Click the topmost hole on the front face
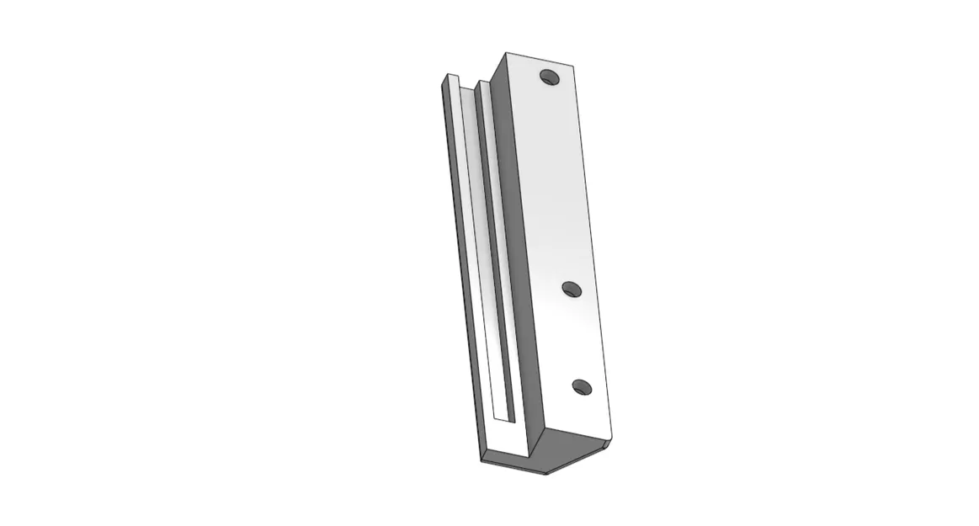[551, 77]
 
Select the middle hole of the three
[572, 290]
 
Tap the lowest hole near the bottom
[582, 387]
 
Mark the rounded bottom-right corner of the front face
[609, 440]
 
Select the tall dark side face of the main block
[513, 252]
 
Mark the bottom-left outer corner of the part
[482, 460]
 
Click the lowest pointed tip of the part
[545, 473]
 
